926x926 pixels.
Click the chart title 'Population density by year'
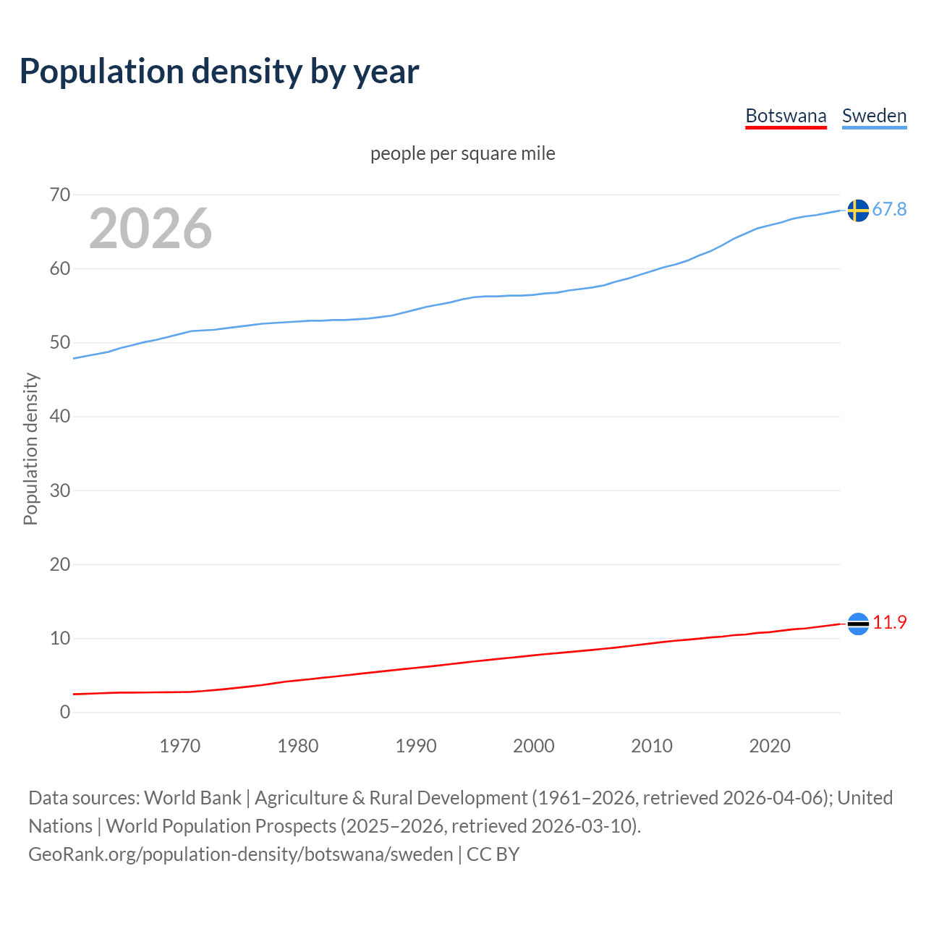pyautogui.click(x=219, y=72)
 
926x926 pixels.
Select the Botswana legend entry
pyautogui.click(x=786, y=116)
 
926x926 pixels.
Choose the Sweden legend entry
pyautogui.click(x=874, y=116)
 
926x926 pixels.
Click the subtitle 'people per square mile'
pyautogui.click(x=462, y=153)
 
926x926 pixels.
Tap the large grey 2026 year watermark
pyautogui.click(x=150, y=229)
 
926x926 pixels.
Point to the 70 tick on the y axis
pyautogui.click(x=60, y=195)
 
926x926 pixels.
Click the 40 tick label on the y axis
pyautogui.click(x=60, y=417)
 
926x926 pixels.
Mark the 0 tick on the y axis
pyautogui.click(x=65, y=713)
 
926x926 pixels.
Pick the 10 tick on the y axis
pyautogui.click(x=60, y=639)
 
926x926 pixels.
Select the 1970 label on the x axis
pyautogui.click(x=180, y=746)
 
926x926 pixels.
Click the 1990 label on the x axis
pyautogui.click(x=416, y=746)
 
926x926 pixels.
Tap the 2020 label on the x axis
pyautogui.click(x=770, y=746)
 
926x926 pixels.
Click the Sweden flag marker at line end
pyautogui.click(x=858, y=211)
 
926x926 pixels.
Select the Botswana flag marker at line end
pyautogui.click(x=858, y=624)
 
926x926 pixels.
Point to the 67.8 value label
pyautogui.click(x=889, y=210)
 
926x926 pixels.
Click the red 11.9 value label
pyautogui.click(x=889, y=623)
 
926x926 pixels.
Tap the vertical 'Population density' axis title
pyautogui.click(x=30, y=449)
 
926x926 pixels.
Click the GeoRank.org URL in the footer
pyautogui.click(x=240, y=854)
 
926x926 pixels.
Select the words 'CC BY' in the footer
pyautogui.click(x=493, y=854)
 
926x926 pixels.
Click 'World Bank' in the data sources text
pyautogui.click(x=192, y=798)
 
